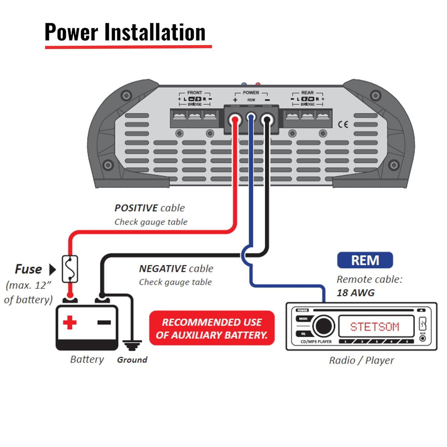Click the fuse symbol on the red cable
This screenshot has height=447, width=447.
(x=70, y=269)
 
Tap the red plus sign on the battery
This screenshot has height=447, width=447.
(x=70, y=322)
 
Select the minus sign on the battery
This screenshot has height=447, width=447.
(x=104, y=322)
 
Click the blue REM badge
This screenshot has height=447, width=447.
(x=365, y=260)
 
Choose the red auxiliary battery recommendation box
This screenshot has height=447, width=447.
(x=212, y=328)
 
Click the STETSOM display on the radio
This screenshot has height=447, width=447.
(x=375, y=327)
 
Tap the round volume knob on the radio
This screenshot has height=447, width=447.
(x=323, y=326)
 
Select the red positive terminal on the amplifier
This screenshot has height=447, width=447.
(x=235, y=120)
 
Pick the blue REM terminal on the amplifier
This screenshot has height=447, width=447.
(x=251, y=119)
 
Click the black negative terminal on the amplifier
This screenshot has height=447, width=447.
(x=267, y=120)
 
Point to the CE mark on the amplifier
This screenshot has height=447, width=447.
(x=343, y=124)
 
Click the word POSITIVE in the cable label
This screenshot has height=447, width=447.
(x=136, y=208)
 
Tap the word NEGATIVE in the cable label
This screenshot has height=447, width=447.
(x=163, y=269)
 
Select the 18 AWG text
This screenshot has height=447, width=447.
(x=355, y=293)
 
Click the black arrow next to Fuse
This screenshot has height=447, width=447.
(x=53, y=269)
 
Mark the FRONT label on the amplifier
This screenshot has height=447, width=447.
(x=194, y=93)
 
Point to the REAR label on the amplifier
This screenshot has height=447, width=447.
(x=307, y=93)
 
